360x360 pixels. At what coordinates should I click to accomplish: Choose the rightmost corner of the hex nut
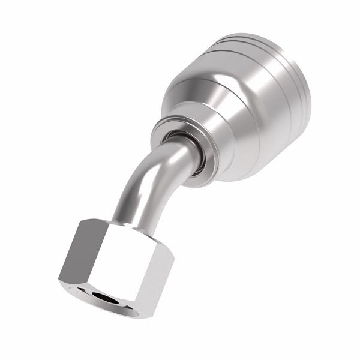(x=175, y=258)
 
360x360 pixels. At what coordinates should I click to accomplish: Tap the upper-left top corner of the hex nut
(x=81, y=220)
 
